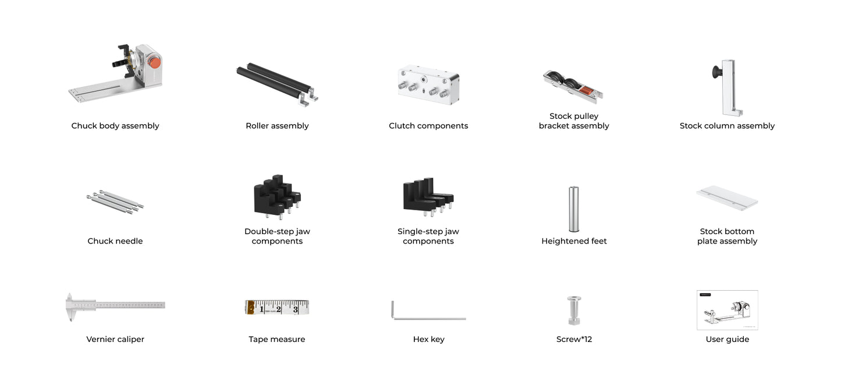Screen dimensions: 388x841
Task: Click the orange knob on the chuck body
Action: tap(154, 62)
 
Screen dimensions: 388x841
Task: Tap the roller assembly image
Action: tap(276, 84)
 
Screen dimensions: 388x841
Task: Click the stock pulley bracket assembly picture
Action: tap(573, 87)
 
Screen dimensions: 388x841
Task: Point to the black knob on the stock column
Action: tap(716, 72)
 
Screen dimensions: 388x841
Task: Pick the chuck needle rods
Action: tap(115, 202)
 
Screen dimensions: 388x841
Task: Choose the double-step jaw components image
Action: tap(277, 195)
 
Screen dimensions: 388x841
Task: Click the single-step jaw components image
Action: tap(428, 196)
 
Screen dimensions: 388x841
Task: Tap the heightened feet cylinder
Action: tap(574, 209)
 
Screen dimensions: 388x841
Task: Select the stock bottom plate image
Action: tap(728, 198)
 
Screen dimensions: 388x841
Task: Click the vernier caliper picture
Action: tap(115, 306)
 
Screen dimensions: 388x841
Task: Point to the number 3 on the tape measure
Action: tap(296, 309)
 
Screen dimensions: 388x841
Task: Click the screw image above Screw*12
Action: tap(574, 310)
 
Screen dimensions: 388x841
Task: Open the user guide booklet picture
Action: tap(728, 310)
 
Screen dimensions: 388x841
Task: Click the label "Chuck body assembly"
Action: tap(115, 126)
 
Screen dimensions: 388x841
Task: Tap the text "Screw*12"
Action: tap(574, 340)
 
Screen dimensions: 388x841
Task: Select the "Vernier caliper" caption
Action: tap(115, 340)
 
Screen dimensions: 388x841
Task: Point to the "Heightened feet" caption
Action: tap(574, 241)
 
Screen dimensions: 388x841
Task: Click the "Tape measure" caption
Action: tap(277, 340)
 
